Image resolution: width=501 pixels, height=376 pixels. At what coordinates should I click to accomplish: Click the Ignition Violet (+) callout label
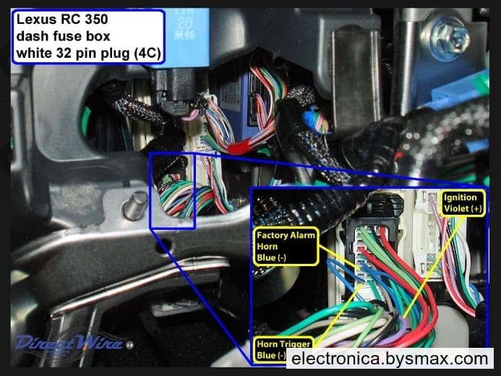click(x=463, y=203)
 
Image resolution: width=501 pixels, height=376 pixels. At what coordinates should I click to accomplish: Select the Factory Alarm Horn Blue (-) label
click(x=286, y=247)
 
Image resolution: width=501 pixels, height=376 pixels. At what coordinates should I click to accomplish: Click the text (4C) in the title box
click(x=147, y=53)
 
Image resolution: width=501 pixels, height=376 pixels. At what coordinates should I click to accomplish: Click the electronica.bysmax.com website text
click(x=390, y=359)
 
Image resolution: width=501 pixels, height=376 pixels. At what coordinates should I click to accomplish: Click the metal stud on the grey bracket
click(x=135, y=206)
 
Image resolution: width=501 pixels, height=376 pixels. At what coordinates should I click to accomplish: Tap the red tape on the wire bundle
click(x=239, y=147)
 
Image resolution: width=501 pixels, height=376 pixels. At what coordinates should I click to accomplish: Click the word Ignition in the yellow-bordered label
click(x=460, y=197)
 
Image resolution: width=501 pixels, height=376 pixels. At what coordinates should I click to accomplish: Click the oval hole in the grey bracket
click(x=163, y=246)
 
